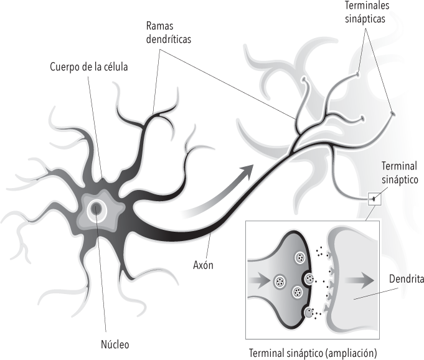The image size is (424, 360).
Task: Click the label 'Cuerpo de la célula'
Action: [x=88, y=66]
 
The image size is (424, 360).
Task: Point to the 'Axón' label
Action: [x=202, y=265]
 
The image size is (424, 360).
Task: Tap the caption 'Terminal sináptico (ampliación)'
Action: [x=313, y=353]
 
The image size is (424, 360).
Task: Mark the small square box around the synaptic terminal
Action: [x=374, y=199]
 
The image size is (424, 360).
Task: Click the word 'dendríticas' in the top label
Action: [x=168, y=39]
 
